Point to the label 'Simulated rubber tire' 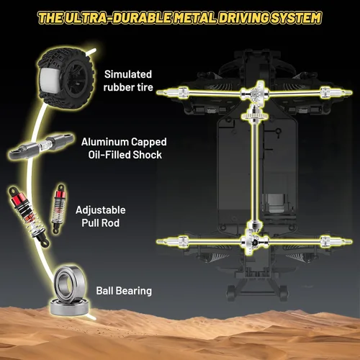(128, 81)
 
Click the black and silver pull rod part (41, 145)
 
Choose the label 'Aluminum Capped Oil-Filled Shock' (124, 148)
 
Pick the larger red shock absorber (28, 216)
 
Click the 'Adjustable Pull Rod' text (101, 217)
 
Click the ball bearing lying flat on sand (70, 307)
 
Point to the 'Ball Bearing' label (124, 291)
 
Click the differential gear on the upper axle (257, 93)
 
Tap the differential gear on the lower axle (254, 241)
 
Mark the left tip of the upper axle (158, 92)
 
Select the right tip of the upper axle (351, 92)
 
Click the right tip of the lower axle (351, 241)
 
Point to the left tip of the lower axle (158, 241)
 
